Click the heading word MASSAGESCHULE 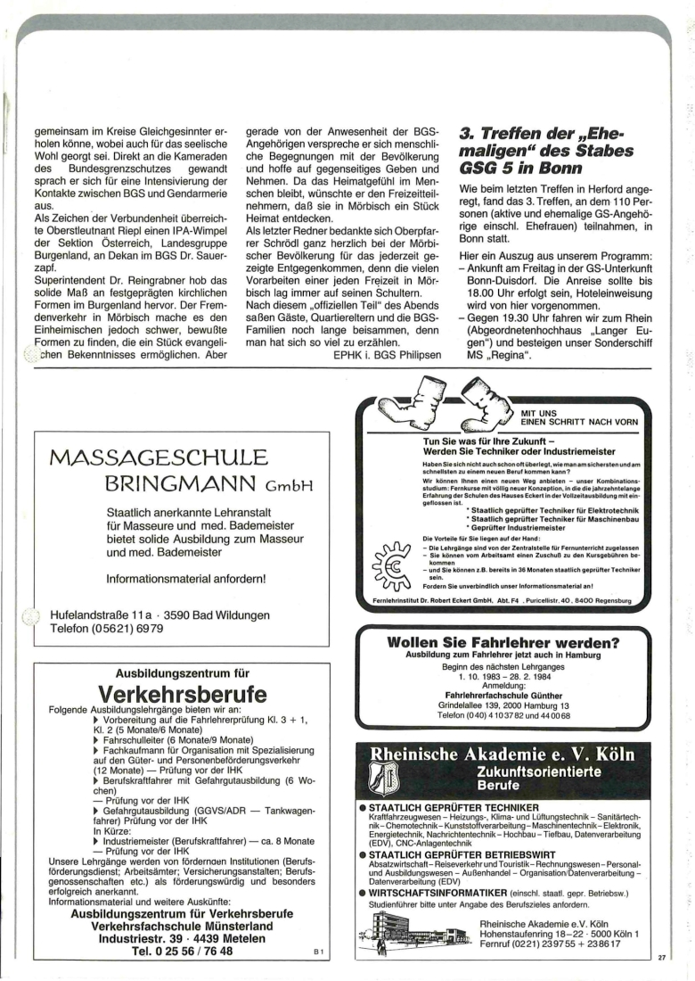pyautogui.click(x=159, y=461)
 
